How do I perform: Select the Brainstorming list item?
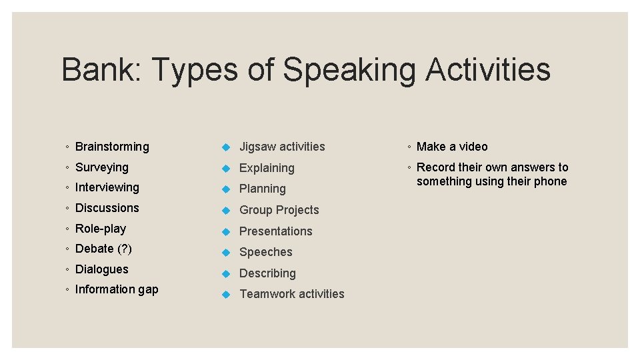coord(112,147)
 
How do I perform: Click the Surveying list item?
coord(101,167)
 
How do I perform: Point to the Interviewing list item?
coord(107,187)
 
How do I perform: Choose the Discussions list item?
coord(107,208)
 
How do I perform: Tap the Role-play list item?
coord(100,229)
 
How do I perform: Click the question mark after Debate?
coord(125,249)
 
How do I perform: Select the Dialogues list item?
coord(101,269)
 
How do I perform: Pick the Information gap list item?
coord(117,289)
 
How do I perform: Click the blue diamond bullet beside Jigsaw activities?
coord(226,147)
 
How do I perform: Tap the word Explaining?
coord(267,168)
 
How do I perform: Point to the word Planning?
coord(262,189)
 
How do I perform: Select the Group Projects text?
coord(279,210)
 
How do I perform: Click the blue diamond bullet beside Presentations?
coord(226,231)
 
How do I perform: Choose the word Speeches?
coord(265,252)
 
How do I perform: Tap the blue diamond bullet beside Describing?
coord(226,273)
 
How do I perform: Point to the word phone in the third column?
coord(550,181)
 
